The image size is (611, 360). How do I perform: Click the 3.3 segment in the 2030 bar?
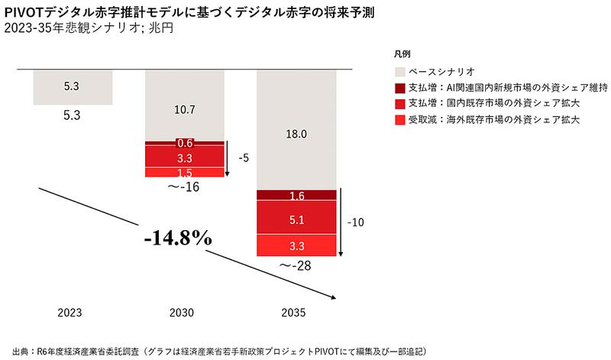pos(184,157)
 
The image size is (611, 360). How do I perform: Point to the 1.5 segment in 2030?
pos(184,173)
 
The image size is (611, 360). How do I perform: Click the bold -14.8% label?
pos(177,238)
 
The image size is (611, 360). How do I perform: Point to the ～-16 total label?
pos(184,186)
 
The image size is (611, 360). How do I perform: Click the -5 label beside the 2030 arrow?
pos(244,160)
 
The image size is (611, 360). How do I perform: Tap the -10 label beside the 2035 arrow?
pos(355,223)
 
